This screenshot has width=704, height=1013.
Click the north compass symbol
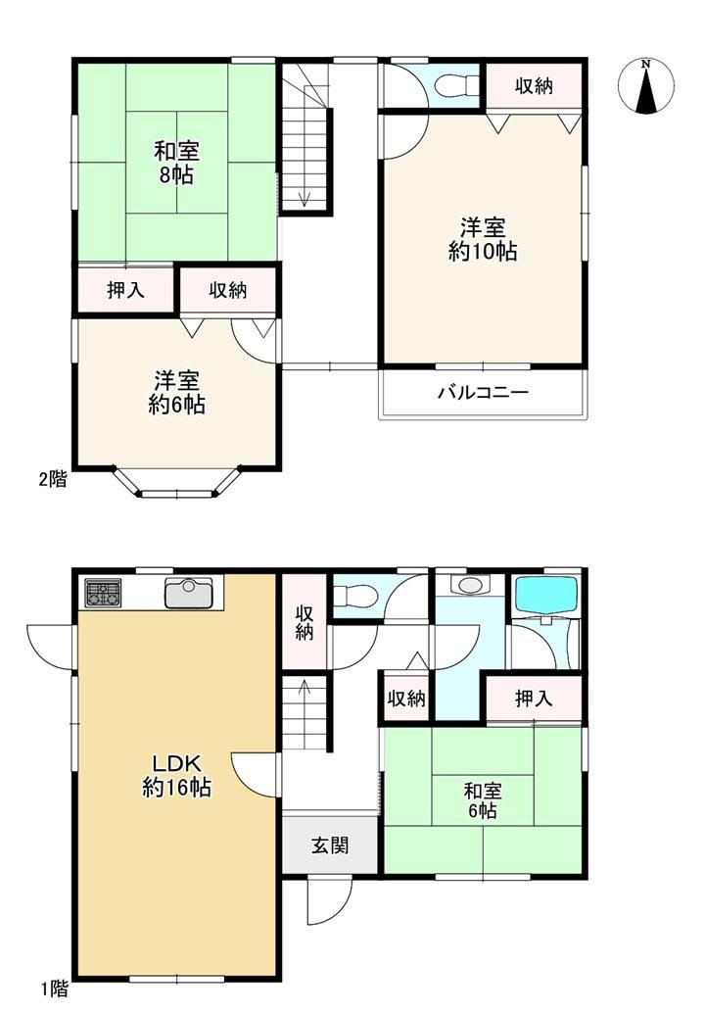point(646,86)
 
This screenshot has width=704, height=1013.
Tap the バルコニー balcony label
point(483,392)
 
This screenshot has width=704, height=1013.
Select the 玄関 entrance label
point(330,845)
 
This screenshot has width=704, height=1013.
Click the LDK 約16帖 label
point(176,775)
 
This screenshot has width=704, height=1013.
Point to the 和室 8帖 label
point(176,163)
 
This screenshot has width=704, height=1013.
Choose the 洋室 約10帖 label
point(483,239)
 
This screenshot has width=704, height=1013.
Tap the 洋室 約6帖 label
point(176,392)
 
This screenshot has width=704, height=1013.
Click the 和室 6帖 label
point(483,800)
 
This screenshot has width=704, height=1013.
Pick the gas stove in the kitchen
point(104,593)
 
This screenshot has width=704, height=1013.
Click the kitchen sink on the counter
point(189,593)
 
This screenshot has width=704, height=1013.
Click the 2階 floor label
point(53,479)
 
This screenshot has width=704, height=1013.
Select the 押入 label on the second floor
point(125,291)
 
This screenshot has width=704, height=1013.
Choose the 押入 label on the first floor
point(534,699)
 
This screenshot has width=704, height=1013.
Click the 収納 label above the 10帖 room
point(534,86)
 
